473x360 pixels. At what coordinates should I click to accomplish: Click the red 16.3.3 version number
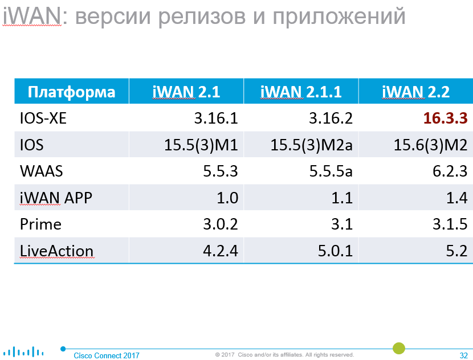[445, 118]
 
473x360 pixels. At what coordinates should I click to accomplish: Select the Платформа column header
[71, 92]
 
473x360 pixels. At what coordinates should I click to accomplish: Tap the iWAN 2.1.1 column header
[301, 92]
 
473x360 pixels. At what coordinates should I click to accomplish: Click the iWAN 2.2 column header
[415, 92]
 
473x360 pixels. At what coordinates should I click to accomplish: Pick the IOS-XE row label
[43, 118]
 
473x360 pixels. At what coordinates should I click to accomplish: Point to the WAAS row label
[42, 171]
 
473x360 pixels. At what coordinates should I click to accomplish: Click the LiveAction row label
[57, 251]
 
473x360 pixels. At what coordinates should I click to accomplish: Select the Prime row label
[40, 224]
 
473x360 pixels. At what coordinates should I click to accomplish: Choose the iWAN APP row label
[56, 198]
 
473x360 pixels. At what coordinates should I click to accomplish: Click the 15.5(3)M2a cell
[311, 145]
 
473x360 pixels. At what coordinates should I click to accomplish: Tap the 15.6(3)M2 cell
[430, 145]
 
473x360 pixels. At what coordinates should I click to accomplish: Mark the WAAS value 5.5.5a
[331, 171]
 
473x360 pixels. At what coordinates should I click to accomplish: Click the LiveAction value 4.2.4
[221, 251]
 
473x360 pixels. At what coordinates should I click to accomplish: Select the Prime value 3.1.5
[450, 224]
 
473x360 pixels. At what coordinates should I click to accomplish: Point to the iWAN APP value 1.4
[457, 198]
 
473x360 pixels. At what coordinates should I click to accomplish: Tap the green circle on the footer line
[399, 348]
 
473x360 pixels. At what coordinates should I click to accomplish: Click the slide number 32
[464, 355]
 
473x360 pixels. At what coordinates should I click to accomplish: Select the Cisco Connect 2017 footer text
[107, 355]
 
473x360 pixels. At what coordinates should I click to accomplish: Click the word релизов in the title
[202, 17]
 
